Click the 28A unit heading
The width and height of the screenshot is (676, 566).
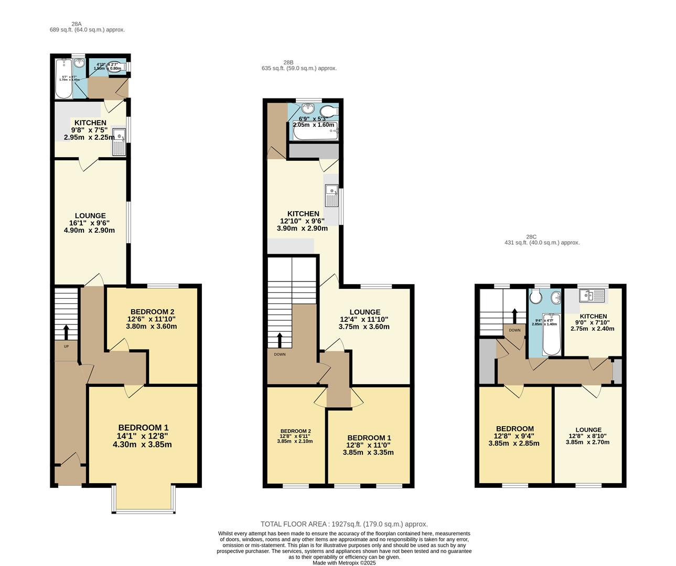77,24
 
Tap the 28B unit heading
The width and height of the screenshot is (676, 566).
288,62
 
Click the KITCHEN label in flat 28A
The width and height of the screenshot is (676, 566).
90,123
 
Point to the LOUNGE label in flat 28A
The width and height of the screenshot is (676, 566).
90,215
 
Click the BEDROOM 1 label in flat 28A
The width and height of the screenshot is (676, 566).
143,428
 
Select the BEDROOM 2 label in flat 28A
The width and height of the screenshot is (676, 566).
152,311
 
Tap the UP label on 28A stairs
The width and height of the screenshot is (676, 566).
66,346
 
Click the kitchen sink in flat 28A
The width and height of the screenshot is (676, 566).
119,141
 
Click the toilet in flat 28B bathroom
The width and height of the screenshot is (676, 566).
328,111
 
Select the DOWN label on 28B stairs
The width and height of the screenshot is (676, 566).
280,354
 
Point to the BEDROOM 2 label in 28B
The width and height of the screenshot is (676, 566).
295,431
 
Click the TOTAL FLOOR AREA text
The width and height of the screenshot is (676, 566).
344,524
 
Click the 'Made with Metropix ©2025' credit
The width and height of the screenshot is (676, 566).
344,563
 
